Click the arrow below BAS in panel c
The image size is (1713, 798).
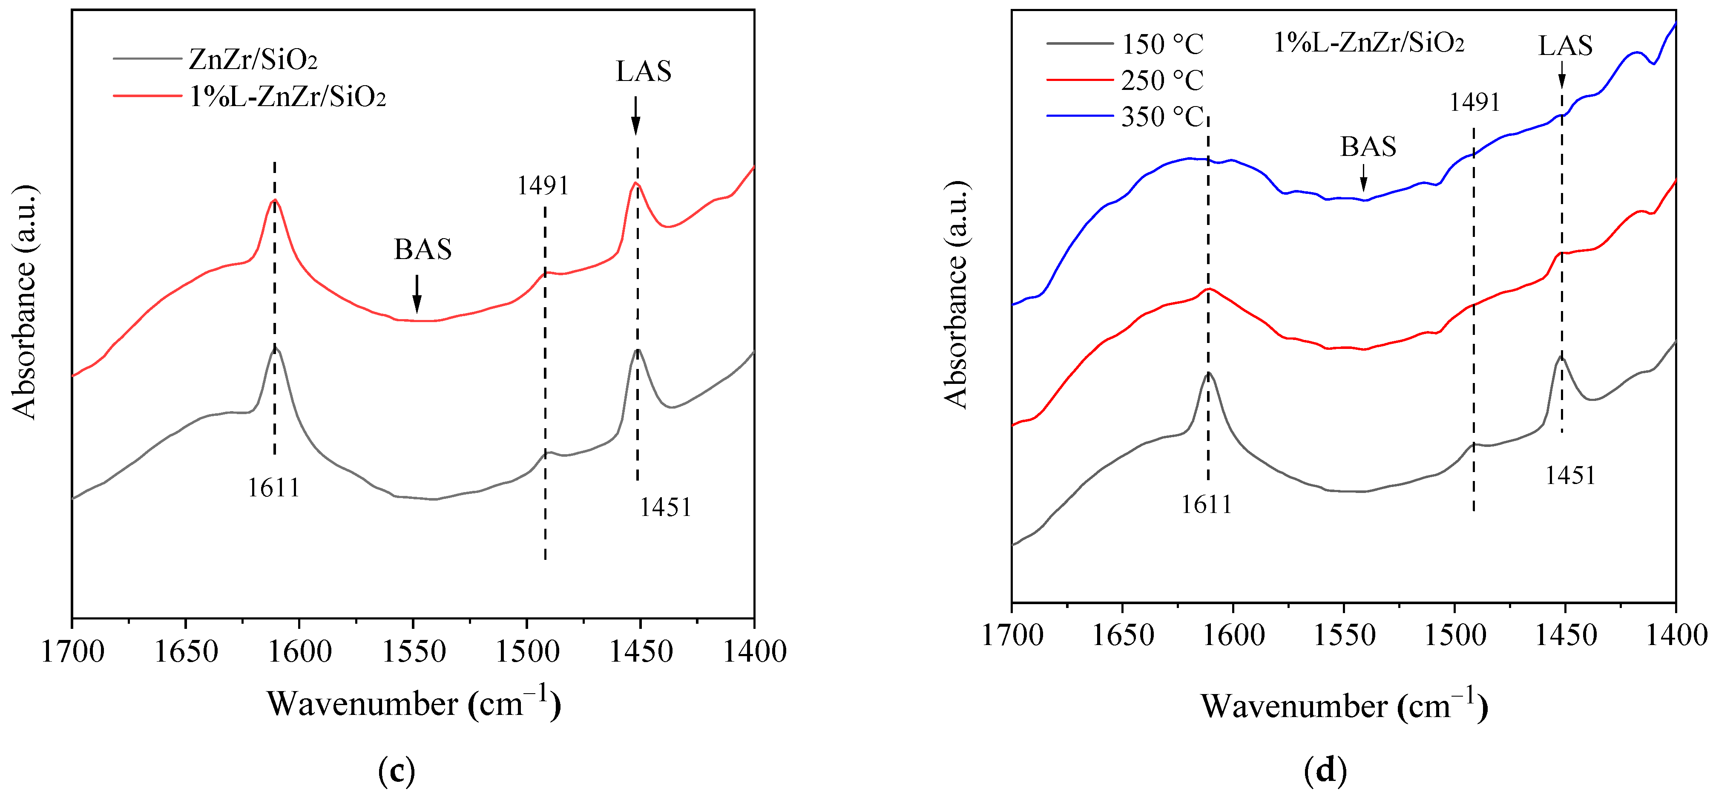coord(417,294)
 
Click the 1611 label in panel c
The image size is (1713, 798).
coord(273,489)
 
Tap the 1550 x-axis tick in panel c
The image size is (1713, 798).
coord(414,652)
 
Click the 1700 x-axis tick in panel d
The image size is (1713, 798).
coord(1012,636)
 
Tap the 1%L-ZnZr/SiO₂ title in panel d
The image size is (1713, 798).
coord(1368,43)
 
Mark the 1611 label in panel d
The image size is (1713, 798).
coord(1206,505)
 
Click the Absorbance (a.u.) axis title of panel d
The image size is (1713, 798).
coord(956,294)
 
